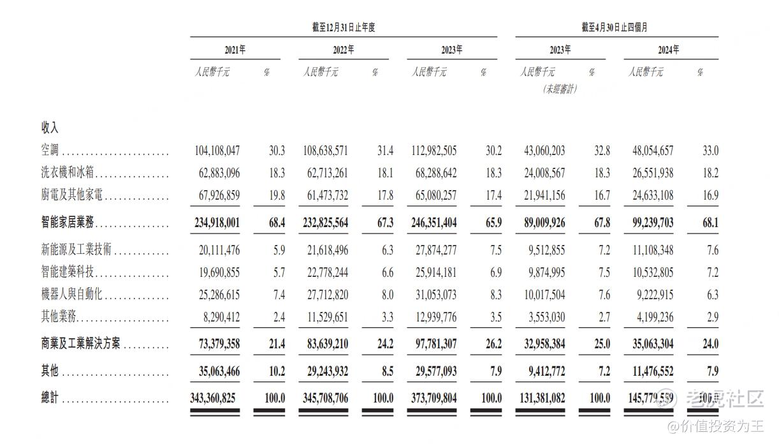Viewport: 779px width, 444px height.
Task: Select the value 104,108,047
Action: click(217, 151)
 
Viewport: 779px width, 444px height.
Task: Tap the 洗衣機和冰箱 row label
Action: click(68, 173)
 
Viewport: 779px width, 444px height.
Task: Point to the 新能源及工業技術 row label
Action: click(76, 249)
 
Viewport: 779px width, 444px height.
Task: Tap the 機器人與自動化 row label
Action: click(72, 295)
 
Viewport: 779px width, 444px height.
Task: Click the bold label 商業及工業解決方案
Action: click(81, 344)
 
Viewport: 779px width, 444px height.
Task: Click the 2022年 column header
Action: click(343, 50)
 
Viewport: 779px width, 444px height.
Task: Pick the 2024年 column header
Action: click(668, 50)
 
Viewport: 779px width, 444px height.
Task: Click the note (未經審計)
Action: click(560, 89)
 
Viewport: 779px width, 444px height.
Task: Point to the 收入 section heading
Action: click(50, 128)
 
